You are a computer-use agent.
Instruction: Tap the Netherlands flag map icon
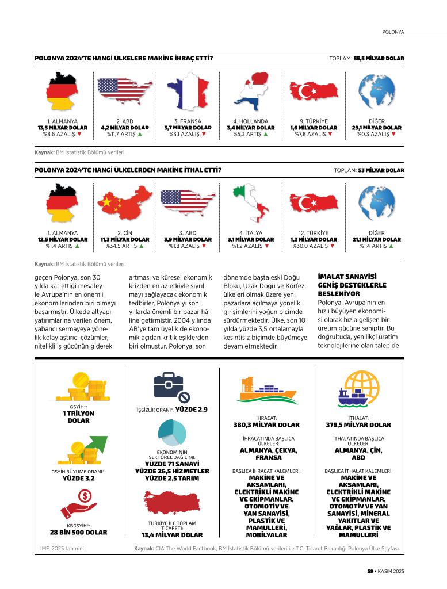point(251,91)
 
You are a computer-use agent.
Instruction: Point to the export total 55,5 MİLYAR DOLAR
point(379,59)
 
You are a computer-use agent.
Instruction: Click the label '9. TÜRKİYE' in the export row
point(314,121)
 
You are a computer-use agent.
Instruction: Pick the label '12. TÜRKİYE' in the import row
point(314,233)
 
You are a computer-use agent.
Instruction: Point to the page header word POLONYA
point(393,33)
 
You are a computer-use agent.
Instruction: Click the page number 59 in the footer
point(370,571)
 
